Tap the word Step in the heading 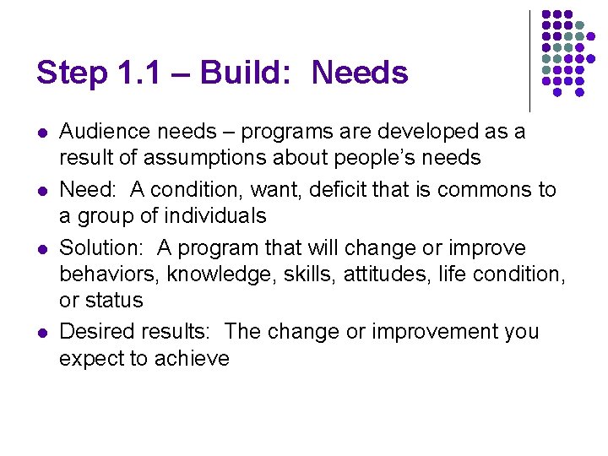[70, 73]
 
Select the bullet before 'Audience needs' [41, 133]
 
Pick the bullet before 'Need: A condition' [41, 190]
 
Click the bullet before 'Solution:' [41, 248]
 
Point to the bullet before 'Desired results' [41, 332]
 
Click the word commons [475, 190]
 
